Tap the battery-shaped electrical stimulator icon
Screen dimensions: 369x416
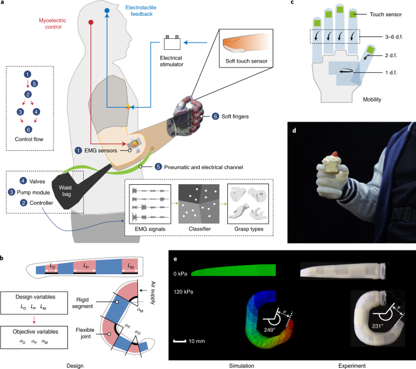(173, 43)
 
